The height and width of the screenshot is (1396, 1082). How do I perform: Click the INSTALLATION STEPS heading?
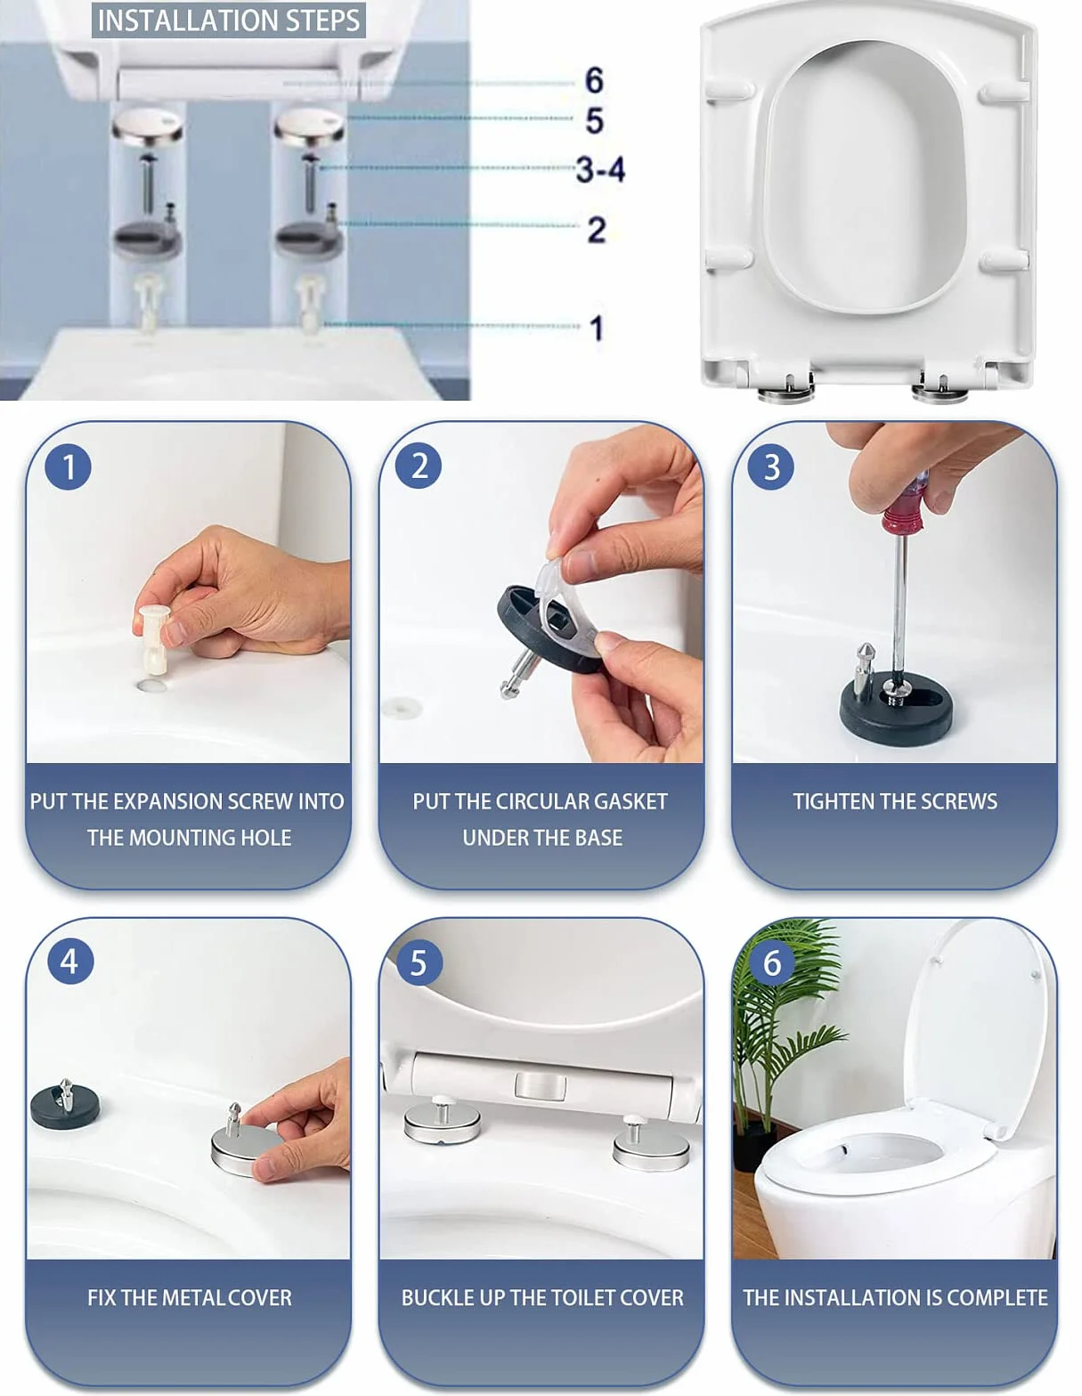point(228,20)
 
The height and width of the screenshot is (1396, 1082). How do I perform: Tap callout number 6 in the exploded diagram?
point(594,80)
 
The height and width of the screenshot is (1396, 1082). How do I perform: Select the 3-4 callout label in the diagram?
point(600,169)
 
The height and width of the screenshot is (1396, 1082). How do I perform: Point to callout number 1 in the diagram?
point(597,328)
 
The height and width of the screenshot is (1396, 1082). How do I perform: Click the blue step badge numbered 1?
point(68,467)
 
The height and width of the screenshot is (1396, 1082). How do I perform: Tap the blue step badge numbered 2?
point(419,465)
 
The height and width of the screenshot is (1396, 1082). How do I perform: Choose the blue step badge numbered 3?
point(771,467)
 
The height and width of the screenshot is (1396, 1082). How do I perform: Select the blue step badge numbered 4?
point(70,961)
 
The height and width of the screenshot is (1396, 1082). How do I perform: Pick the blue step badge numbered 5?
point(419,962)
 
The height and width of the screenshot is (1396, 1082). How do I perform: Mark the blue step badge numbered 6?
point(772,962)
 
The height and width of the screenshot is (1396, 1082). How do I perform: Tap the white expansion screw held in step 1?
point(155,638)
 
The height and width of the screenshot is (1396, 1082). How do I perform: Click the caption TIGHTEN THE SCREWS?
point(895,801)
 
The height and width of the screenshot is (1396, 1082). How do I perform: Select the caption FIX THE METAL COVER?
point(190,1297)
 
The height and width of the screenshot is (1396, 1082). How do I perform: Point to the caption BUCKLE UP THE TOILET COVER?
point(542,1297)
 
